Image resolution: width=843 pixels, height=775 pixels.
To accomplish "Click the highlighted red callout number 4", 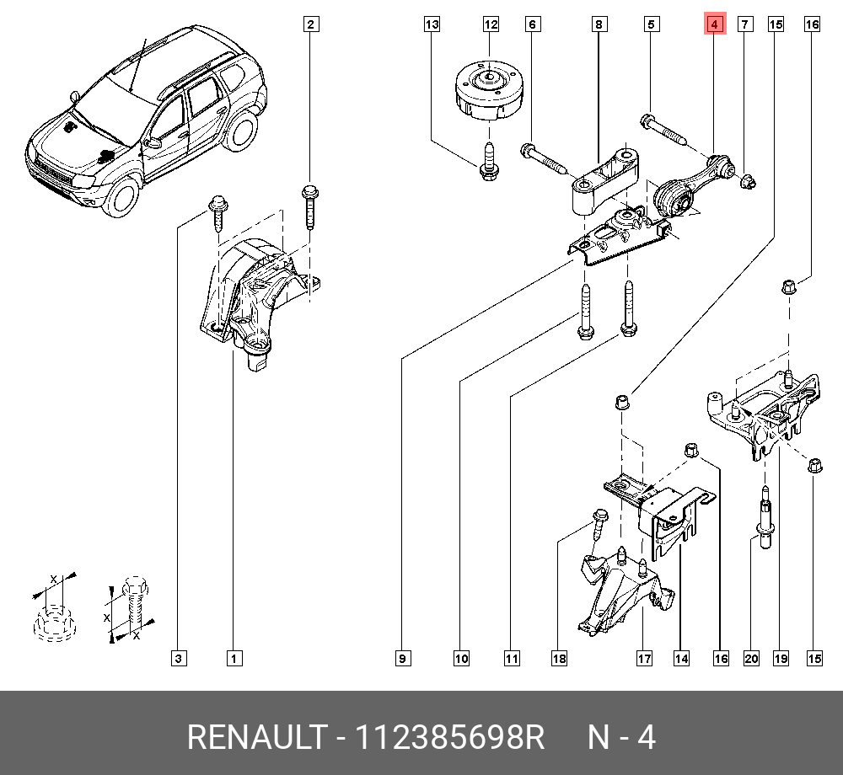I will [x=714, y=25].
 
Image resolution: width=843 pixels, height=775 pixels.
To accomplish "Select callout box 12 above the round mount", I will [x=491, y=24].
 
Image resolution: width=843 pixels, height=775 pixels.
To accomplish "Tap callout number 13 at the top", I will [x=432, y=24].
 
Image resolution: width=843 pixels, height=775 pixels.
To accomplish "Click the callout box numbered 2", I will [x=310, y=24].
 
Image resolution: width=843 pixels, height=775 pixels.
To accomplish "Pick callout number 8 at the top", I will [x=598, y=24].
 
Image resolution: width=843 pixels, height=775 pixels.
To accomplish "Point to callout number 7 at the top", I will [x=745, y=24].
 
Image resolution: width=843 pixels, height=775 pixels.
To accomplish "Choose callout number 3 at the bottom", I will [x=178, y=658].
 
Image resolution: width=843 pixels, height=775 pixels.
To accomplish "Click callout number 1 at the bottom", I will [x=234, y=658].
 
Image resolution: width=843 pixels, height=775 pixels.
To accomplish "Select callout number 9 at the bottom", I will [x=403, y=658].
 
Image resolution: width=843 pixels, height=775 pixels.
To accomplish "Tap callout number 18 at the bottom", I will [x=559, y=658].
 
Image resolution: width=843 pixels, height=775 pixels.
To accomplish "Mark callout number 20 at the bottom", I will [x=751, y=658].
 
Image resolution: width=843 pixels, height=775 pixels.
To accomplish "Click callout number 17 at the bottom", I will [x=644, y=658].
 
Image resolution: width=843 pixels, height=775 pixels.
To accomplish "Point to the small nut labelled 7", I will [x=747, y=180].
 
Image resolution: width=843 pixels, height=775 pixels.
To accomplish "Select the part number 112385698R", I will [x=450, y=738].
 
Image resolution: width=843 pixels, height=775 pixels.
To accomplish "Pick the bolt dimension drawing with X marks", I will [x=131, y=608].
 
